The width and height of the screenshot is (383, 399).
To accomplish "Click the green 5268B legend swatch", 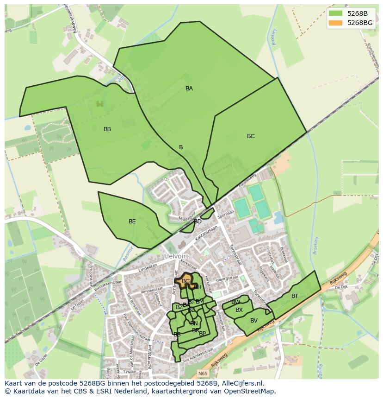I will tap(336, 13).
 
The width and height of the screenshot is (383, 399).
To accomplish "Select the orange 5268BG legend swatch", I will tap(336, 23).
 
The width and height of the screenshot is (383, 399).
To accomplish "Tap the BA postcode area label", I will tap(189, 89).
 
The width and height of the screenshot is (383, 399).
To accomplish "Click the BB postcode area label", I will tap(107, 129).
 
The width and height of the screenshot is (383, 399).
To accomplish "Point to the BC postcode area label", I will tap(251, 136).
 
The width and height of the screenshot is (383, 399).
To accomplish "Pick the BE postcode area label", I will tap(132, 222).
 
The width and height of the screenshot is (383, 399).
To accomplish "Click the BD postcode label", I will tap(198, 222).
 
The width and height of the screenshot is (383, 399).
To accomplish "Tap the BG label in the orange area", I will tap(185, 281).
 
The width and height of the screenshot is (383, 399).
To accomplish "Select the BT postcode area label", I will tap(295, 296).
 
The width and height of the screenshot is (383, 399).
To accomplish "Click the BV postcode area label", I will tap(254, 321).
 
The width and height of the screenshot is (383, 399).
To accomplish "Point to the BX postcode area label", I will tap(239, 310).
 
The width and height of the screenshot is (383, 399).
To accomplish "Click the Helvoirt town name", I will tap(177, 256).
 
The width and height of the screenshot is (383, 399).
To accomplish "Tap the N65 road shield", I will tap(203, 374).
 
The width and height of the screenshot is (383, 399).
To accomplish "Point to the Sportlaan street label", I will tap(226, 215).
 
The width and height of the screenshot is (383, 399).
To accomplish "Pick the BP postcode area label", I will tap(202, 333).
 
